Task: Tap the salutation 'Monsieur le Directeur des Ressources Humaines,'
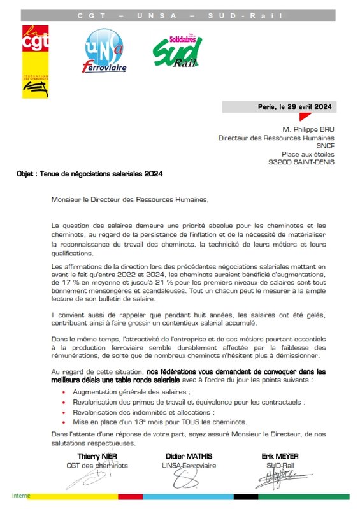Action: point(130,199)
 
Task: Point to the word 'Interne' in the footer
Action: point(21,495)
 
